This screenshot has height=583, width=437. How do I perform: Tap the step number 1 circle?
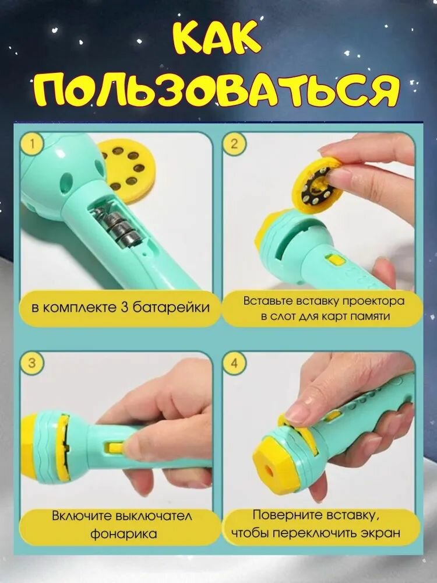coord(32,143)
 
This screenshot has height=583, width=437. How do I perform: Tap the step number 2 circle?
coord(234,143)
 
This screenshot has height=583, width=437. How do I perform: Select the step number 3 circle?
coord(32,363)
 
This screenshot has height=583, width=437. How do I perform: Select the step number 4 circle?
coord(234,363)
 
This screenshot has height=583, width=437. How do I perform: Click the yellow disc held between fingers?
coord(315,184)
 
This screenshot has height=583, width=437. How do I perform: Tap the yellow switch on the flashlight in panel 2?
coord(333,259)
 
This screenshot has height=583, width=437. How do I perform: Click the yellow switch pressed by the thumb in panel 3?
coord(116,447)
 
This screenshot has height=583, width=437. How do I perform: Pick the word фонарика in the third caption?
coord(124,534)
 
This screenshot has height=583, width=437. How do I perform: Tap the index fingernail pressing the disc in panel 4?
coord(296,413)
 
